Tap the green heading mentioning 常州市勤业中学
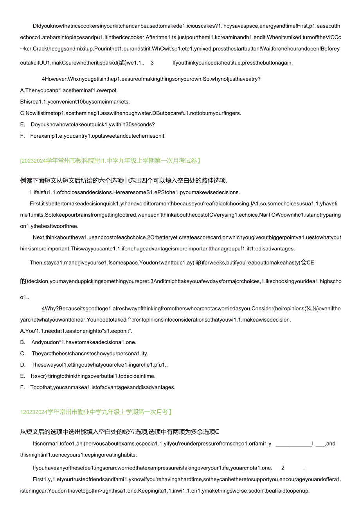95,412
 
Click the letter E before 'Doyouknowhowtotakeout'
22,124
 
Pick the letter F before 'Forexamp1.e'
22,136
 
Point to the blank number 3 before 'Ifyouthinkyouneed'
152,63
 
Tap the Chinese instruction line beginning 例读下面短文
124,180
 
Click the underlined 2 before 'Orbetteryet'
149,237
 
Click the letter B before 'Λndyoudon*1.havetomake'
22,342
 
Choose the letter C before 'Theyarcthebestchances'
22,354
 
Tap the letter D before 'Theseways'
22,365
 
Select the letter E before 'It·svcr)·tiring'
22,376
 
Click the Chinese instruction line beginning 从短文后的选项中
119,432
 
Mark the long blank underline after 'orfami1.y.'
293,444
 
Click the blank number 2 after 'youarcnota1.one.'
283,468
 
